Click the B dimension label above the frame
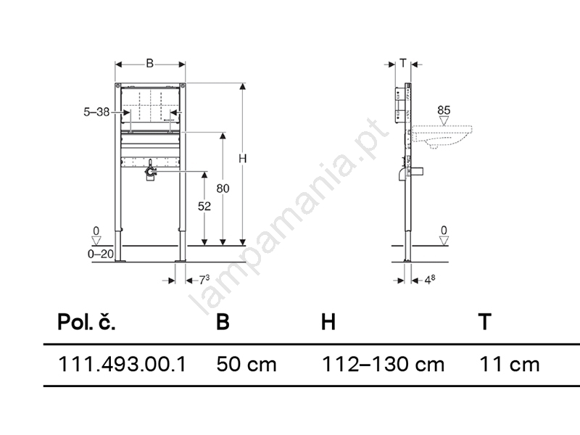click(150, 64)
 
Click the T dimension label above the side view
click(403, 63)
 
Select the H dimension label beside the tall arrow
click(242, 158)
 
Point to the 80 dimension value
click(223, 188)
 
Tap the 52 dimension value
click(204, 206)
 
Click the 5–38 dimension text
click(96, 112)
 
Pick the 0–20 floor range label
click(101, 254)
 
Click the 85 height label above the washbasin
click(444, 110)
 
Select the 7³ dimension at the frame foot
click(204, 280)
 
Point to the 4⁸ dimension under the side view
click(429, 280)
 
